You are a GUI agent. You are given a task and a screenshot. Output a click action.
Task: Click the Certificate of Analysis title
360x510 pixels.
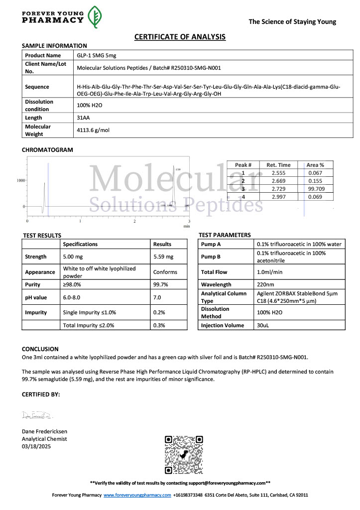[180, 37]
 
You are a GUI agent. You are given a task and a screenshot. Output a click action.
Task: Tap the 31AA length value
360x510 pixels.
[83, 118]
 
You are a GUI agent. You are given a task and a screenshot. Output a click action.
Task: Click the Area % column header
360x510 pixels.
[315, 165]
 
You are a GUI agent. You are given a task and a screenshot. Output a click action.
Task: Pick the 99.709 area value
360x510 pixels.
[316, 189]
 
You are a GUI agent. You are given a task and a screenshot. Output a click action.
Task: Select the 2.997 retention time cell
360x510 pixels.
[278, 197]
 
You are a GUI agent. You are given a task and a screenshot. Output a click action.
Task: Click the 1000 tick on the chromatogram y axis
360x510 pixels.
[20, 180]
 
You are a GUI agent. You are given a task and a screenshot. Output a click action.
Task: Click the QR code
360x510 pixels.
[184, 455]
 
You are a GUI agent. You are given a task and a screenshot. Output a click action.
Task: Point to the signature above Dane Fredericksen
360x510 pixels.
[37, 415]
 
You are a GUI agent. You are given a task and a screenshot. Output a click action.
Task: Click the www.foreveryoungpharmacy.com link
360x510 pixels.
[137, 495]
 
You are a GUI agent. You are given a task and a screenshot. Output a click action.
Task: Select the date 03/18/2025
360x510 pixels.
[36, 446]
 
